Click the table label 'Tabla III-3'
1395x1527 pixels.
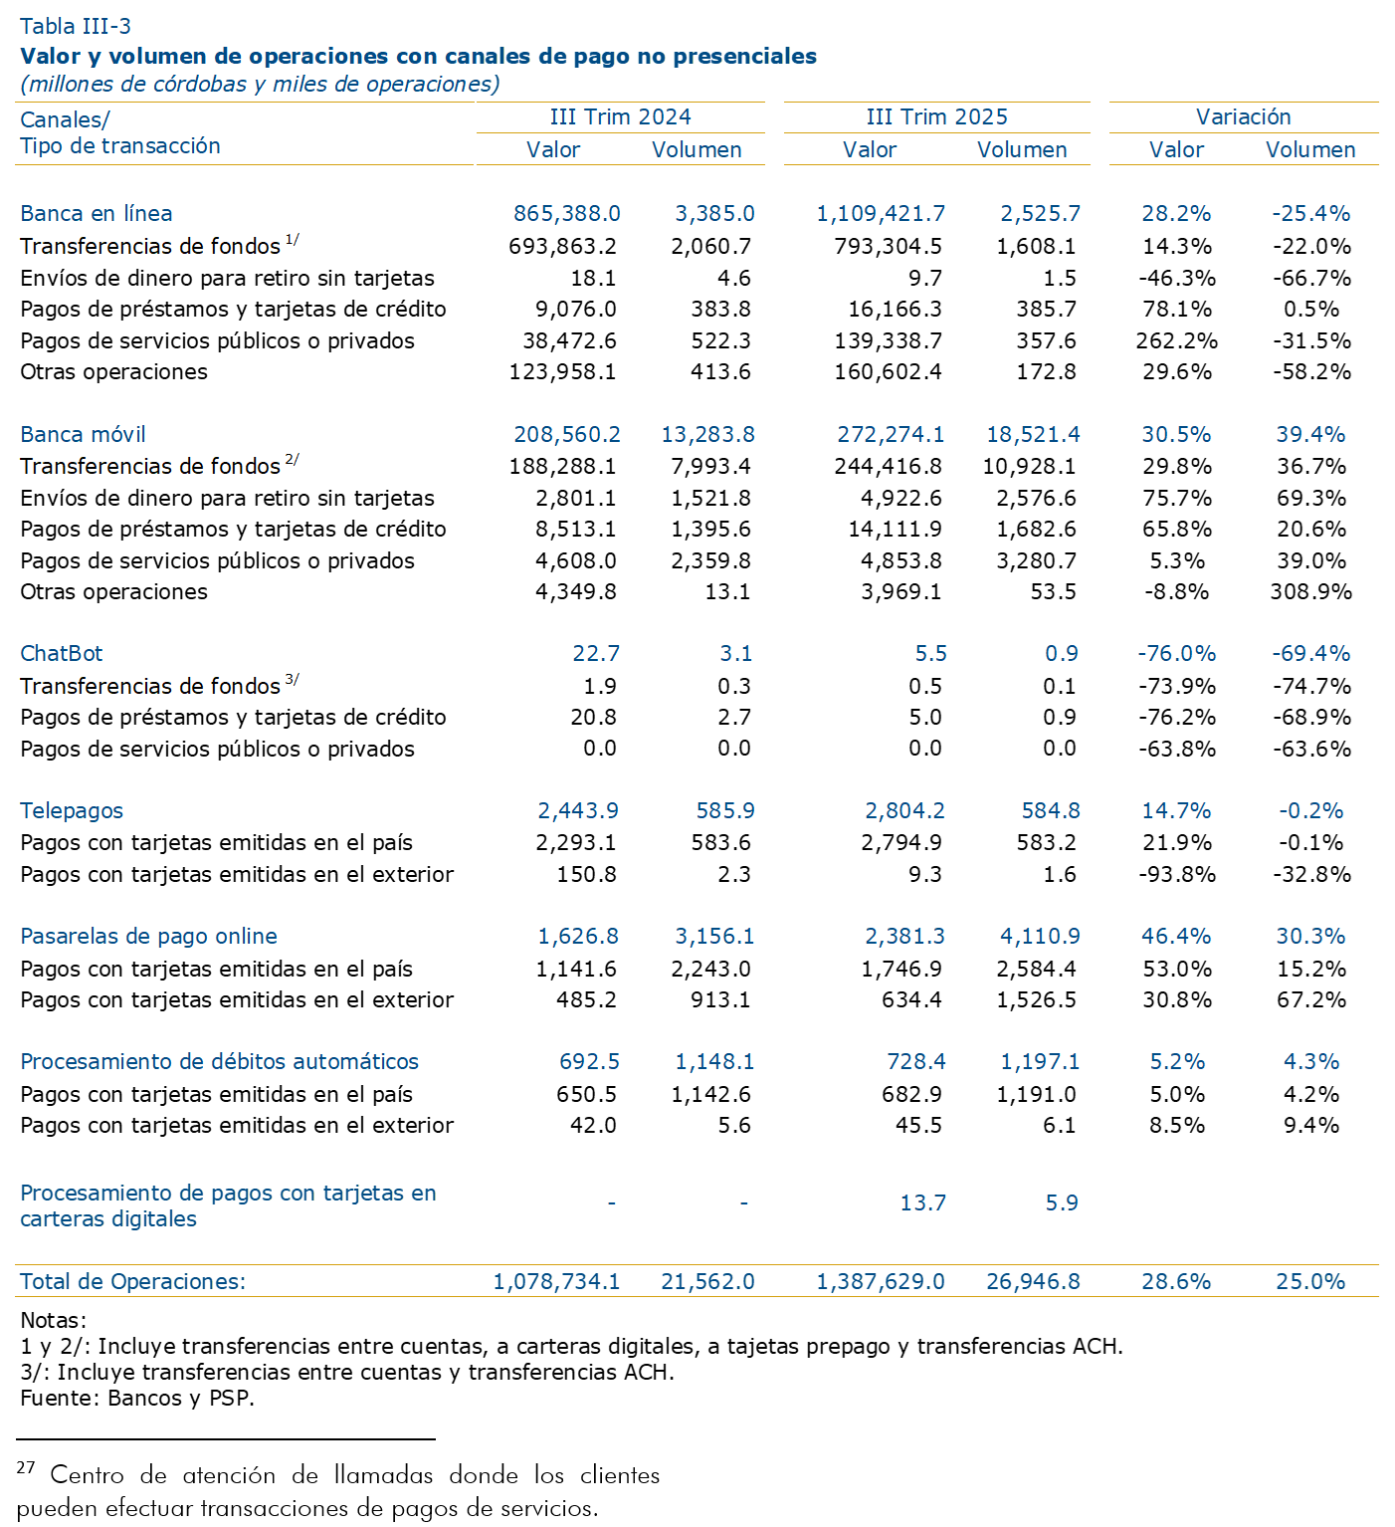(76, 26)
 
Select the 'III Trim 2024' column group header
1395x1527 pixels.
(620, 116)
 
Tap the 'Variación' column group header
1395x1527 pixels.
(1243, 116)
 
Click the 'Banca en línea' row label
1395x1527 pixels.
(97, 213)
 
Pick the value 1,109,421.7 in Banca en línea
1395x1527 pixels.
(881, 213)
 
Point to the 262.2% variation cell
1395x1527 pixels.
(1176, 340)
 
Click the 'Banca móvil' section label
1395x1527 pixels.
(83, 434)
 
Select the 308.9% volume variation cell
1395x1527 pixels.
(1310, 591)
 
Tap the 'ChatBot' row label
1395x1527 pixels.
(62, 653)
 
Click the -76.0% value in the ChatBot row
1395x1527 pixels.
(1176, 653)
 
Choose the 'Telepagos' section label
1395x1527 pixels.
(72, 810)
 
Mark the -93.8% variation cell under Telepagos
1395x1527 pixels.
(1176, 874)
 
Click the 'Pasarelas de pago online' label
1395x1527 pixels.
(148, 936)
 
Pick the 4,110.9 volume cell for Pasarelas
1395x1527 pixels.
(1039, 936)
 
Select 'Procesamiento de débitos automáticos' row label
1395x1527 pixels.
(219, 1061)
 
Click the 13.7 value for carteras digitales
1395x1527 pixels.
(922, 1202)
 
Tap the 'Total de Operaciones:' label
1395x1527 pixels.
(132, 1281)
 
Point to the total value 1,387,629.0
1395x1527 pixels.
(881, 1281)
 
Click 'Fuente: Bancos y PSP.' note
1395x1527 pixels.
(137, 1398)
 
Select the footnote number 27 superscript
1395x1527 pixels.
(26, 1467)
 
